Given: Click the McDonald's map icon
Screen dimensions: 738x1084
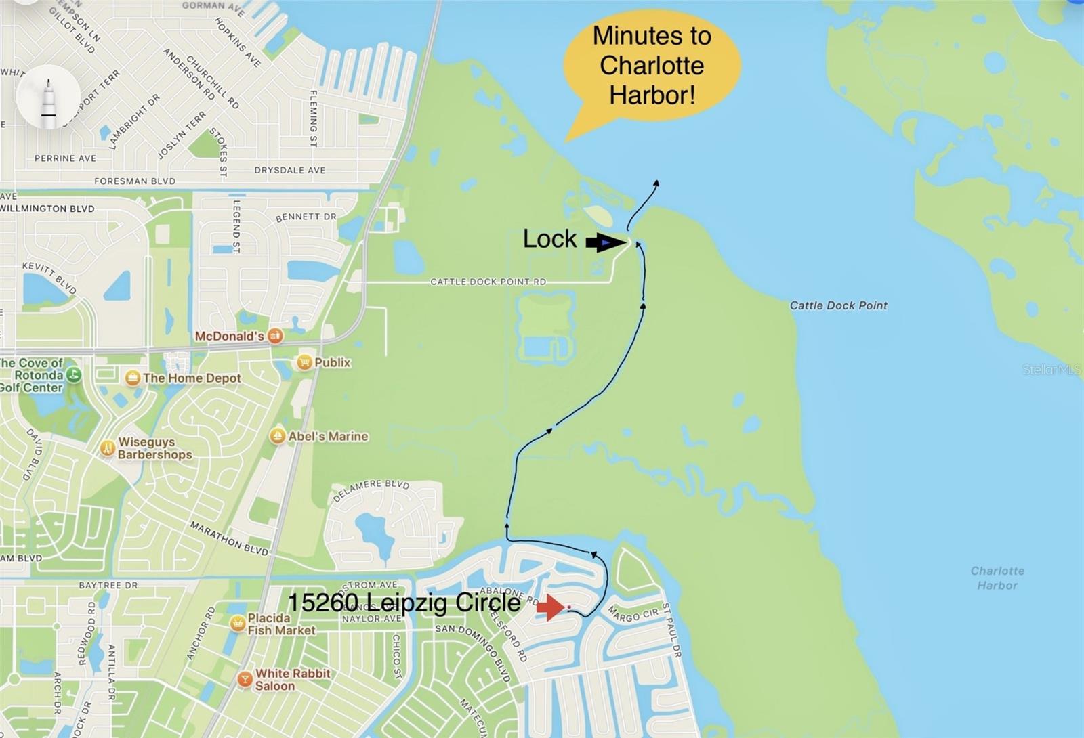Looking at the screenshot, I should point(274,336).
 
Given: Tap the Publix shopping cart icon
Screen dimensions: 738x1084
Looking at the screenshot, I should point(304,362).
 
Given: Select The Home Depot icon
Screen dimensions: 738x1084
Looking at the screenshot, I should point(133,378).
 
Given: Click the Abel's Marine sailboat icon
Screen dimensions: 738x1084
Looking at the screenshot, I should point(277,436).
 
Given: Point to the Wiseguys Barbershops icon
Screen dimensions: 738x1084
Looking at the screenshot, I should point(107,448).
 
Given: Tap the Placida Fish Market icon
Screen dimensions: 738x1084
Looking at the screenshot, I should point(237,623).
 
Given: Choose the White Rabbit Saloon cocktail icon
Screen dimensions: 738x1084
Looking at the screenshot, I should point(245,679).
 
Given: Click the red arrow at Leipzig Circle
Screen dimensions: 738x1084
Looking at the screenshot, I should point(550,607).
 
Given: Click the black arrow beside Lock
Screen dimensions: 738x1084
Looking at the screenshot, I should point(605,242).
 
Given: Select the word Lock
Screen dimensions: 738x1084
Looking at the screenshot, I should point(549,239).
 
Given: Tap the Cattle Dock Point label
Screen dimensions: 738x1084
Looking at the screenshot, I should point(838,305).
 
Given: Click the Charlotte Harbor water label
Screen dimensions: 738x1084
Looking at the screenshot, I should point(997,578).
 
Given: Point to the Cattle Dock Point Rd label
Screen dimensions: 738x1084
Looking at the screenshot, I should point(488,282).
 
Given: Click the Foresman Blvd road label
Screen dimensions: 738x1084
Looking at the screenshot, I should point(135,181).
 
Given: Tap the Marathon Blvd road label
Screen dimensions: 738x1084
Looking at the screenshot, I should point(229,538).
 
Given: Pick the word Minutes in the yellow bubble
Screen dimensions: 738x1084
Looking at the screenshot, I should point(652,36).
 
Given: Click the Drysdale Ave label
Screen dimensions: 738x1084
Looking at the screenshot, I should point(289,170).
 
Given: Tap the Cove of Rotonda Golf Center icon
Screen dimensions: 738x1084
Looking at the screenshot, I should point(73,374).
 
